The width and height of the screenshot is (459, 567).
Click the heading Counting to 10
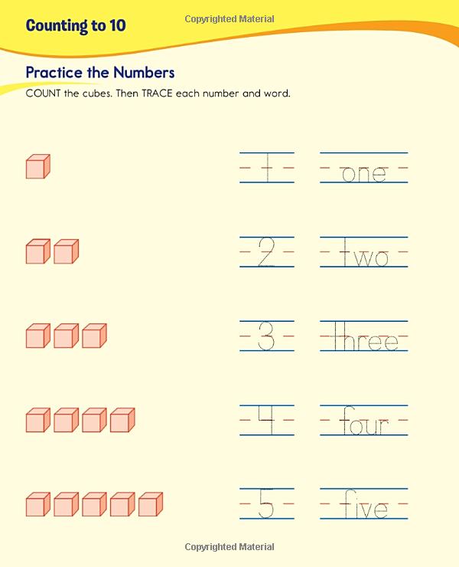pos(76,25)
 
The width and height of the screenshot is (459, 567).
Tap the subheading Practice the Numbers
pos(100,73)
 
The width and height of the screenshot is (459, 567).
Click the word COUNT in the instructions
pos(43,94)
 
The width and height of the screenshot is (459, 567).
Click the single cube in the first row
pos(37,167)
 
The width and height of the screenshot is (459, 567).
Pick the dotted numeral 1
pos(266,168)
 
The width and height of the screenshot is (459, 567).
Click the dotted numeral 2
pos(266,252)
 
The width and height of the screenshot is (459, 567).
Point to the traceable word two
pos(364,254)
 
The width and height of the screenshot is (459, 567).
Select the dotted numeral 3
pos(266,336)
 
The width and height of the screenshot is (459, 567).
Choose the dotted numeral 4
pos(266,420)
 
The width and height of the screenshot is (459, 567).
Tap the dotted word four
pos(364,421)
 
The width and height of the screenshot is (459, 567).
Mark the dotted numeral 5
pos(266,505)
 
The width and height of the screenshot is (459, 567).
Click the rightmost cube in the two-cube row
pos(66,251)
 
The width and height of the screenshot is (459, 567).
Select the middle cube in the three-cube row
pos(66,336)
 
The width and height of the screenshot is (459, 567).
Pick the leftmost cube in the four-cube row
pos(37,420)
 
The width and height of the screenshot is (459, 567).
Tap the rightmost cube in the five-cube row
pos(150,504)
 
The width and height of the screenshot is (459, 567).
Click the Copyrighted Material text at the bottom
pos(229,547)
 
